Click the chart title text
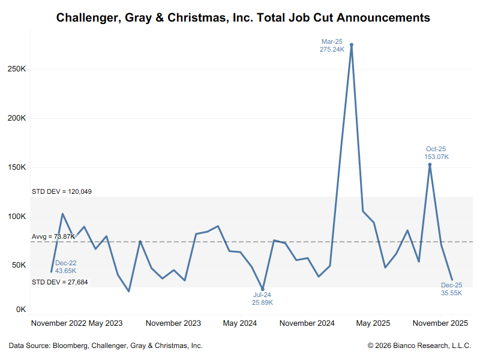tap(243, 17)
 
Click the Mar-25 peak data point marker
tap(352, 45)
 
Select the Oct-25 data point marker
tap(430, 164)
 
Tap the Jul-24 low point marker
tap(263, 289)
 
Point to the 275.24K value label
tap(332, 50)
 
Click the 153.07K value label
tap(436, 157)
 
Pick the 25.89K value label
tap(263, 303)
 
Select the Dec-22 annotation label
tap(65, 263)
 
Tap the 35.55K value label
tap(452, 293)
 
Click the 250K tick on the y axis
tap(16, 69)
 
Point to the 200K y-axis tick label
tap(16, 118)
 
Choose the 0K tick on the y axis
tap(20, 310)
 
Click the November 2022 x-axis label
tap(59, 323)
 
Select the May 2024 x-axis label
tap(240, 323)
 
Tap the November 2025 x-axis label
tap(441, 323)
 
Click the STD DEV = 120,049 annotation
tap(61, 192)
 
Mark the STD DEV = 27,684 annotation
tap(59, 281)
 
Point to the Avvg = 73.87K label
tap(53, 237)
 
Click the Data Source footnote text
tap(106, 346)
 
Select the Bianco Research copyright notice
tap(419, 346)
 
